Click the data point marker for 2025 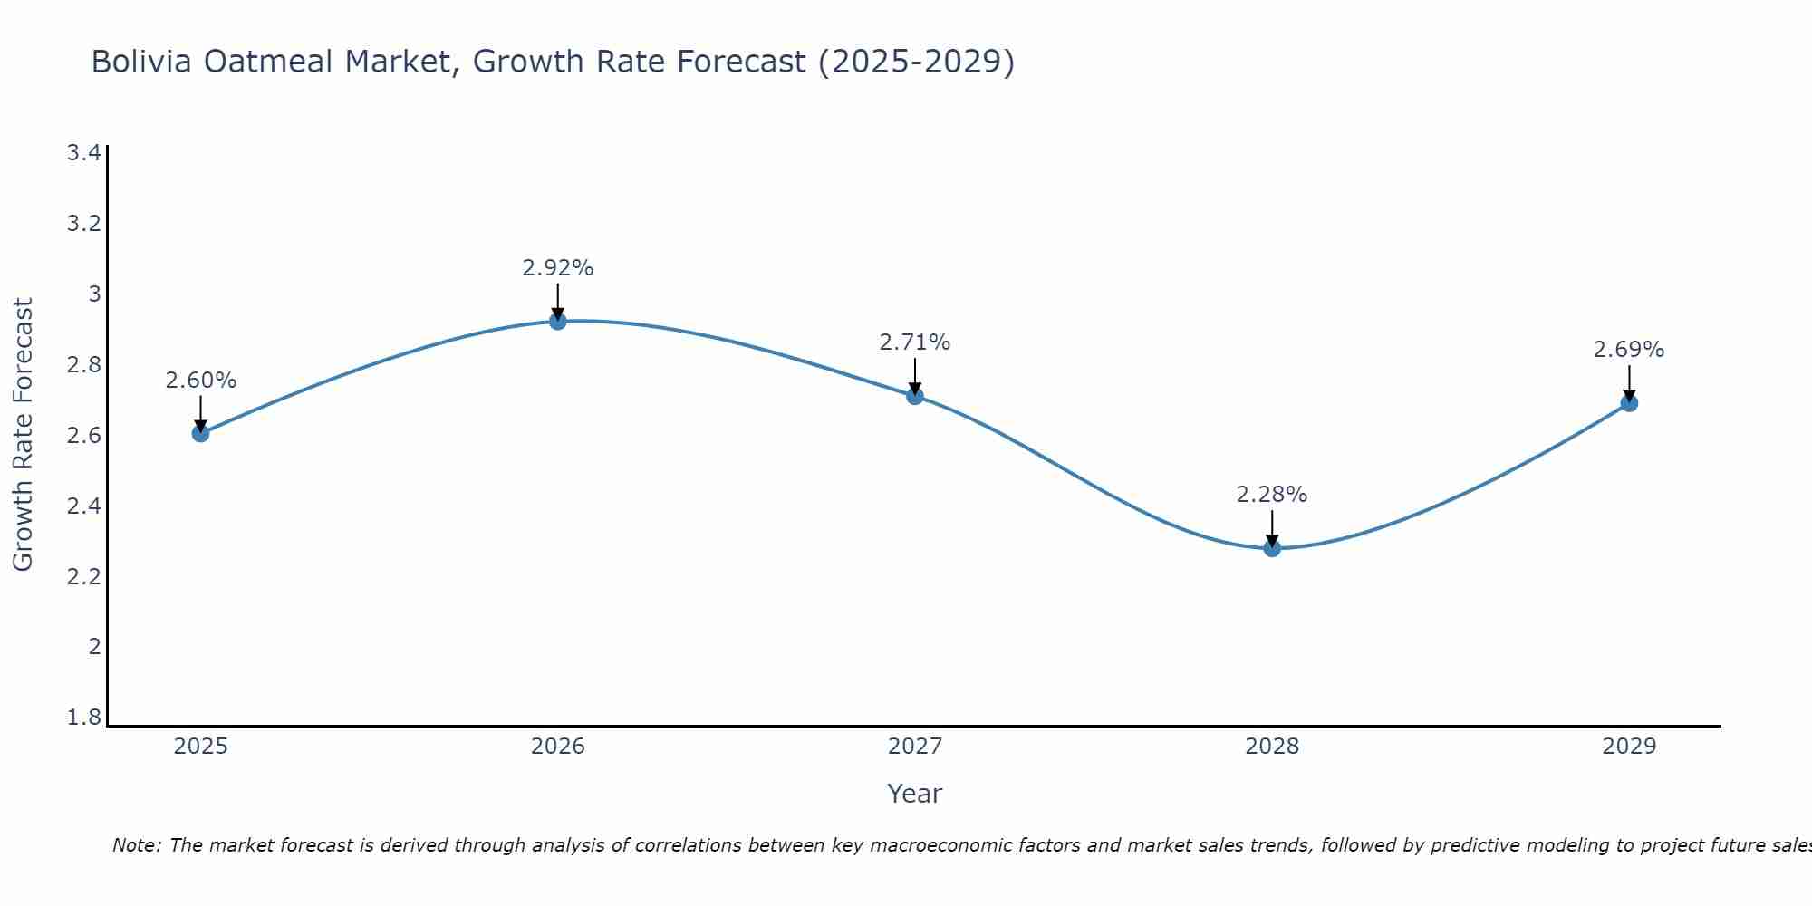pyautogui.click(x=200, y=433)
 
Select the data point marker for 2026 pyautogui.click(x=558, y=321)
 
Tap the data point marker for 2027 pyautogui.click(x=915, y=395)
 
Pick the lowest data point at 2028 pyautogui.click(x=1272, y=547)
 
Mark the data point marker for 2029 pyautogui.click(x=1629, y=402)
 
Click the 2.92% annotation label pyautogui.click(x=558, y=268)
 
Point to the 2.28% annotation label pyautogui.click(x=1272, y=495)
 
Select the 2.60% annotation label pyautogui.click(x=200, y=381)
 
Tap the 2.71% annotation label pyautogui.click(x=915, y=342)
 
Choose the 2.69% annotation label pyautogui.click(x=1629, y=350)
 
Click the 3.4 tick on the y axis pyautogui.click(x=83, y=152)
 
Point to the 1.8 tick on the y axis pyautogui.click(x=83, y=718)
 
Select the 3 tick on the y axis pyautogui.click(x=94, y=294)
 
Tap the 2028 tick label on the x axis pyautogui.click(x=1272, y=747)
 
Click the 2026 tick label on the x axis pyautogui.click(x=558, y=747)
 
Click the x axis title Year pyautogui.click(x=915, y=794)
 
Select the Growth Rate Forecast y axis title pyautogui.click(x=23, y=434)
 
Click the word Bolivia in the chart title pyautogui.click(x=141, y=62)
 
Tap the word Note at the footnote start pyautogui.click(x=136, y=845)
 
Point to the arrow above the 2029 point pyautogui.click(x=1629, y=382)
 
